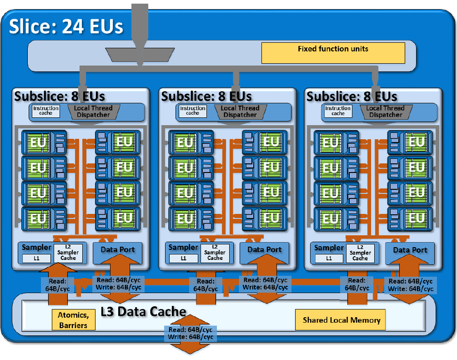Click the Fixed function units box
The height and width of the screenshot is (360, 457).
(333, 53)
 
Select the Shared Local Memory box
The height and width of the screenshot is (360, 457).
(341, 320)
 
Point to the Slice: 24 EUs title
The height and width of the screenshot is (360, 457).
(66, 27)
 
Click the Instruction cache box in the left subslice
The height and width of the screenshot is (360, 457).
(46, 111)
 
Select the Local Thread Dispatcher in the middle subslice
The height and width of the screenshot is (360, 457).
(240, 112)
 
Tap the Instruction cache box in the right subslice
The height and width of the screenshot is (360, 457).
(338, 111)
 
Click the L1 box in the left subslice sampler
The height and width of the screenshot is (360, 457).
(37, 259)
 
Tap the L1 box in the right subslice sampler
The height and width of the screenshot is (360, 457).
(329, 259)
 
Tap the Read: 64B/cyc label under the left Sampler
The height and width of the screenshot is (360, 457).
(57, 285)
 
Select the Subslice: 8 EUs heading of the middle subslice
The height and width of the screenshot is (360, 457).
(206, 96)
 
